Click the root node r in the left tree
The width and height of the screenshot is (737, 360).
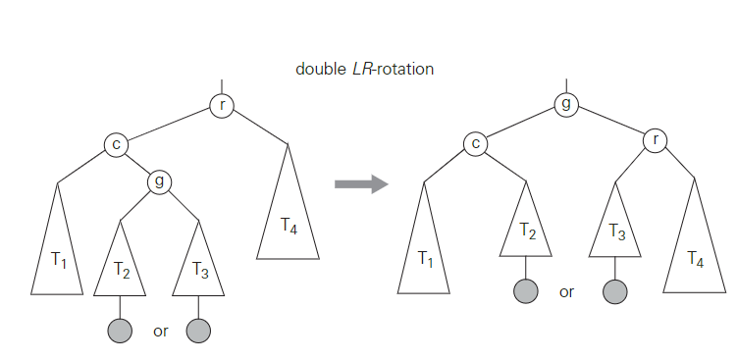[x=222, y=105]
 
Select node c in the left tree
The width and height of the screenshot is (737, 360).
[x=117, y=145]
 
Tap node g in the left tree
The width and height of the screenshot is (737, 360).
[x=159, y=181]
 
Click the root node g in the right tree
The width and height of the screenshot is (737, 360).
[x=565, y=104]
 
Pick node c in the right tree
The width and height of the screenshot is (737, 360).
[x=476, y=143]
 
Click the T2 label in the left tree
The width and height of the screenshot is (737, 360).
[x=122, y=270]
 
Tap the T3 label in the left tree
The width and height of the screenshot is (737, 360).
[x=199, y=270]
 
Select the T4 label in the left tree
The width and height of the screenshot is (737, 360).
[x=289, y=226]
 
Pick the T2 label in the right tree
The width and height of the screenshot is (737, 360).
[x=526, y=231]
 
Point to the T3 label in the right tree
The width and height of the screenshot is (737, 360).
[x=616, y=231]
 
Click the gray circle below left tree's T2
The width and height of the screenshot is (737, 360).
[x=121, y=331]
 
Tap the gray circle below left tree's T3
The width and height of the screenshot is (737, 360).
[x=199, y=331]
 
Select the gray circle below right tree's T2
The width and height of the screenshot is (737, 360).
[x=526, y=291]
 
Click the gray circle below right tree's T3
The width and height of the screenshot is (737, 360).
[x=615, y=291]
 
